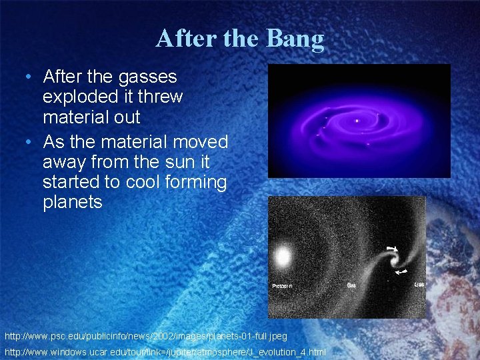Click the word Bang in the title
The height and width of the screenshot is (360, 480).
(295, 39)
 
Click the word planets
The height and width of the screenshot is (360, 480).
(72, 202)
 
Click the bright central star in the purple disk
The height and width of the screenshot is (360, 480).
(357, 121)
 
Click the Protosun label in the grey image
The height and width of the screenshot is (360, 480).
(282, 286)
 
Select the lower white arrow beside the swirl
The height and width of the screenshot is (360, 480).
(400, 272)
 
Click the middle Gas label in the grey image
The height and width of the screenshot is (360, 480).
(351, 285)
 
